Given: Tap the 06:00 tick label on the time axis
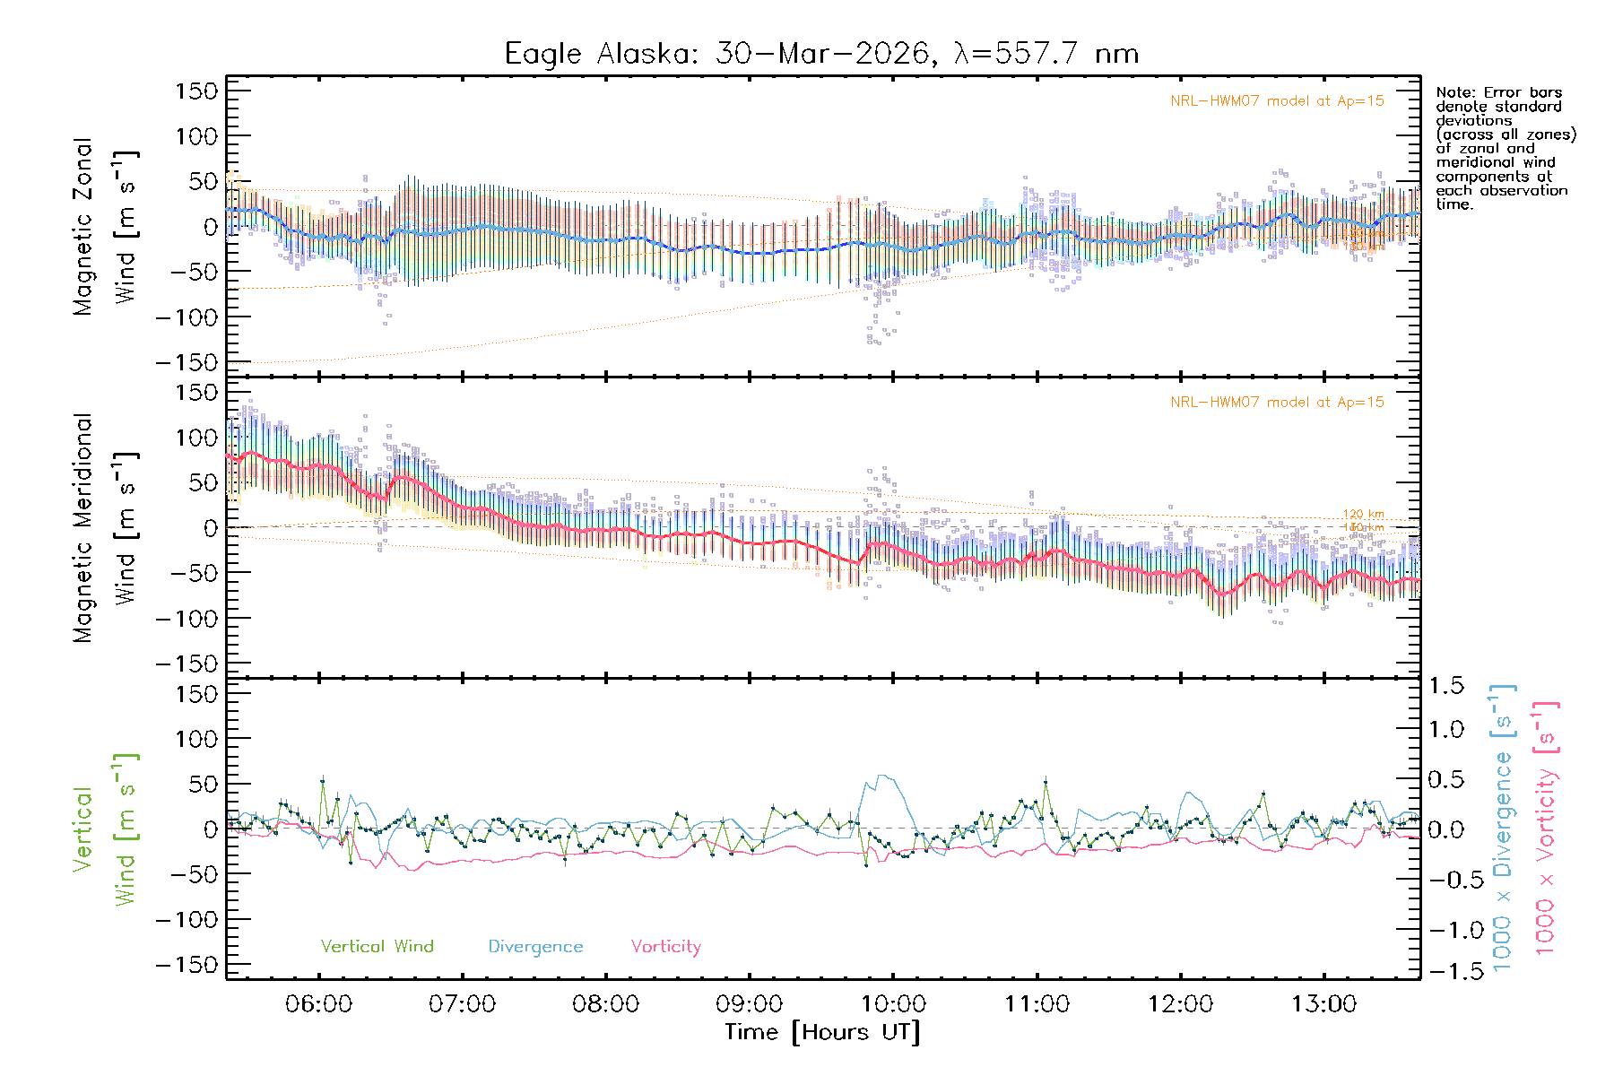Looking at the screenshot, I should coord(318,1004).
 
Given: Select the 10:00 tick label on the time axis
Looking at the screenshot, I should coord(893,1004).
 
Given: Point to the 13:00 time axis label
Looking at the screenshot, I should coord(1324,1004).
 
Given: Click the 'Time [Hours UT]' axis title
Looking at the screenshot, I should coord(822,1032).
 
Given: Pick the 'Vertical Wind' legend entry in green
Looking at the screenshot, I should coord(377,947).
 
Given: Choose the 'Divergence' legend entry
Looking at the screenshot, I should coord(535,947).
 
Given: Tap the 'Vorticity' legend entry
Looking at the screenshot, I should coord(665,947).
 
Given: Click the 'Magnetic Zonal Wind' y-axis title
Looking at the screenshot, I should coord(106,227).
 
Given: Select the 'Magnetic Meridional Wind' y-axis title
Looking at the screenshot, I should coord(106,528).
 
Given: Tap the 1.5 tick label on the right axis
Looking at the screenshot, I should coord(1445,686).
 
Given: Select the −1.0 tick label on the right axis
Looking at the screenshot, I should coord(1445,930).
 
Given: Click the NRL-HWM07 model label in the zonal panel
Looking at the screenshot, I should coord(1277,101).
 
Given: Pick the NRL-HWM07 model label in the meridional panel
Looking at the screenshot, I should coord(1277,403).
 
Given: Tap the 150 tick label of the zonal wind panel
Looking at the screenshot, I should coord(197,91).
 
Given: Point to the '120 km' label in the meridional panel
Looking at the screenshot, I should coord(1363,515).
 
